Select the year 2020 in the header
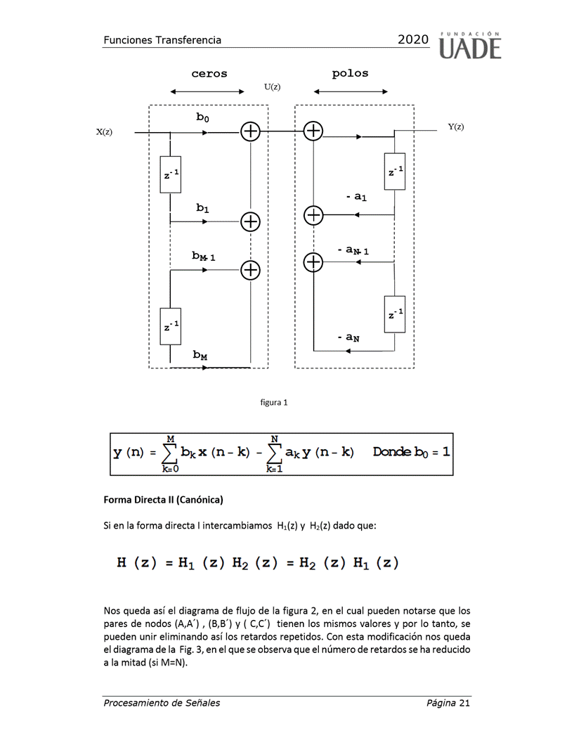[412, 40]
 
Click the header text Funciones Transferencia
[162, 40]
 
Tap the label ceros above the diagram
[209, 74]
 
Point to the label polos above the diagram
[350, 73]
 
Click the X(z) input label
[104, 132]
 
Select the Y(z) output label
[456, 127]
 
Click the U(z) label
[272, 87]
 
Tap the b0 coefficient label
[202, 118]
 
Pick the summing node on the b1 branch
[250, 221]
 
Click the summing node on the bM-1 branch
[250, 270]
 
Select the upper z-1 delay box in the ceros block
[171, 174]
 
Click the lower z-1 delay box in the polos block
[395, 314]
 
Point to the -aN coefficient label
[348, 338]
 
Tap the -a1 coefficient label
[356, 198]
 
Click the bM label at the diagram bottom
[200, 356]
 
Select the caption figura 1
[274, 403]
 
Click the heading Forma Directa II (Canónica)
[163, 500]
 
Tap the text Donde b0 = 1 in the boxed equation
[411, 451]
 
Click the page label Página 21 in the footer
[448, 703]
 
